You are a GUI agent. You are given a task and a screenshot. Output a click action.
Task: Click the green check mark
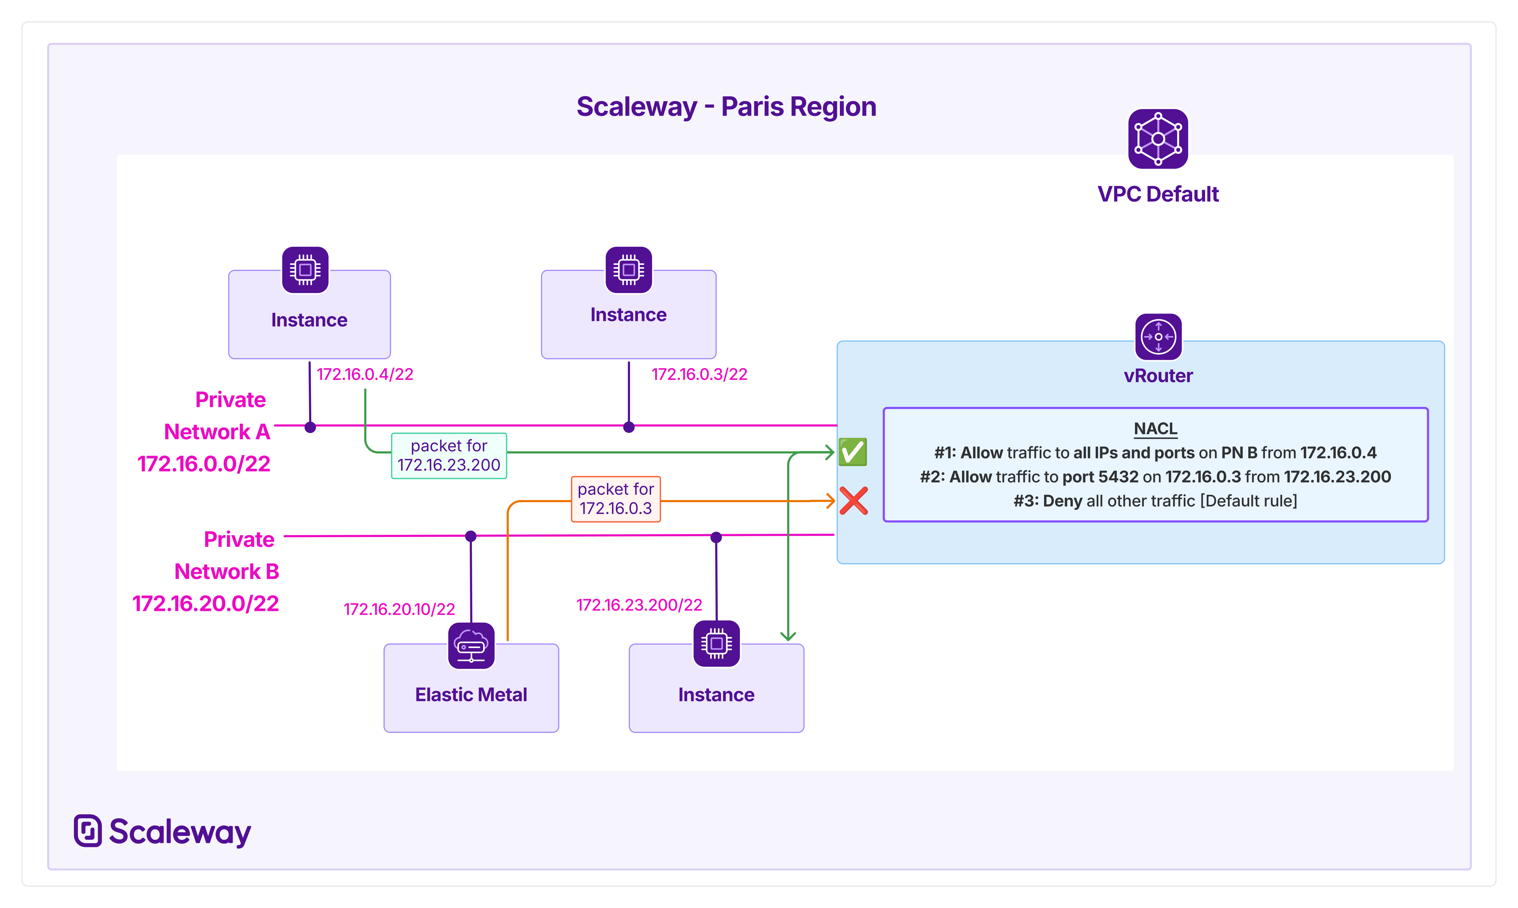click(852, 452)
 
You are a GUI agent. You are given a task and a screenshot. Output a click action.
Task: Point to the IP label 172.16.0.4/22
click(365, 374)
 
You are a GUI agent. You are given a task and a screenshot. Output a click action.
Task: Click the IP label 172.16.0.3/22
click(699, 374)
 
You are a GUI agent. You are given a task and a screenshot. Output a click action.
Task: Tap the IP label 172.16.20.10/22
click(399, 610)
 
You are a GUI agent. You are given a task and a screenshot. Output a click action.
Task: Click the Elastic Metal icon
click(471, 645)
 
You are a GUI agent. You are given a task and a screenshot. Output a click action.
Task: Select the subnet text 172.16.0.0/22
click(204, 464)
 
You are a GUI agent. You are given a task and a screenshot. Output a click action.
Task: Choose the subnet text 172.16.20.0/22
click(206, 604)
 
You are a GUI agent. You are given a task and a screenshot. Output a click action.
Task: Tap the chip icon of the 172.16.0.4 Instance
click(305, 270)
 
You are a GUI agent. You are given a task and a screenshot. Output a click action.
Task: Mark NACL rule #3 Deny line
click(1155, 501)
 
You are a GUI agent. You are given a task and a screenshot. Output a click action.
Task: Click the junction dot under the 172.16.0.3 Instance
click(629, 427)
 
